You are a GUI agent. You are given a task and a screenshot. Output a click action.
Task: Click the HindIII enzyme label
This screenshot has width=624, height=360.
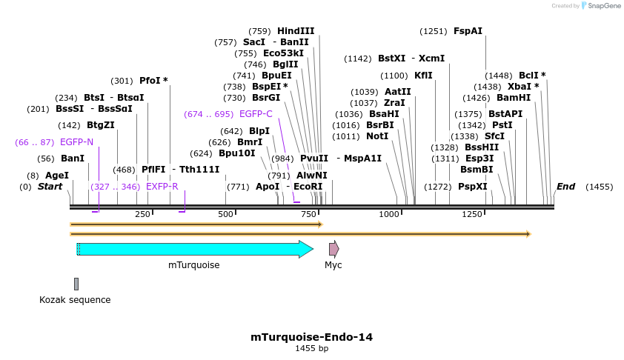[296, 31]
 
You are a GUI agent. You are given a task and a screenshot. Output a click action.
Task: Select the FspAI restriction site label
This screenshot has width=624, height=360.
[468, 31]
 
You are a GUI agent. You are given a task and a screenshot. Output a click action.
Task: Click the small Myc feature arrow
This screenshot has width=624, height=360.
[333, 249]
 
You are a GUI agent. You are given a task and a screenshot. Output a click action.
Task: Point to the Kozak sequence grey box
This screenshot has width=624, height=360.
[76, 284]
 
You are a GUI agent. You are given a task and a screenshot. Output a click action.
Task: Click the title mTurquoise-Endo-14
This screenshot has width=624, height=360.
[311, 337]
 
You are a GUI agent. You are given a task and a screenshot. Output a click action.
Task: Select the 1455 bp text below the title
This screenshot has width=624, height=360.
[311, 348]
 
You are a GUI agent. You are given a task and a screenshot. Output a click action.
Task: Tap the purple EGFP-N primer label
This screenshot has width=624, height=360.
[76, 141]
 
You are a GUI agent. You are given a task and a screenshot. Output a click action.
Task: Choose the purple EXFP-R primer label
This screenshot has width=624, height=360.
[162, 187]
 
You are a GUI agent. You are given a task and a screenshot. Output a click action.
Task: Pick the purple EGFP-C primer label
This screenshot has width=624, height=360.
[256, 114]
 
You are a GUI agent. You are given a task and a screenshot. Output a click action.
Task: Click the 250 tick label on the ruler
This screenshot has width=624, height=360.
[142, 214]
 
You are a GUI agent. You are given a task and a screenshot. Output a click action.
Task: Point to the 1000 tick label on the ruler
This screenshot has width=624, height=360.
[389, 214]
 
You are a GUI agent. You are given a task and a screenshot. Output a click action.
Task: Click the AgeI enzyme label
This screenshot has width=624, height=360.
[57, 176]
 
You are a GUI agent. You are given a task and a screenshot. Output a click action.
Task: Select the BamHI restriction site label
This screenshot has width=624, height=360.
[514, 98]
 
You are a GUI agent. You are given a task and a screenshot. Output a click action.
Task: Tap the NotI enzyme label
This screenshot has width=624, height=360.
[377, 136]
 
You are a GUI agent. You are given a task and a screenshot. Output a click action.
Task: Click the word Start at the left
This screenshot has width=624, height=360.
[50, 187]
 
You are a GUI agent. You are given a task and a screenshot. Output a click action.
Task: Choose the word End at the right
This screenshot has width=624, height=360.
[565, 187]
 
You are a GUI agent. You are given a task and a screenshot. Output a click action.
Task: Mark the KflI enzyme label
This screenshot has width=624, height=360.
[423, 76]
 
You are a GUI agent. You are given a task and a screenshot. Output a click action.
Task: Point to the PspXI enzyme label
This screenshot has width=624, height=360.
[472, 187]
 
